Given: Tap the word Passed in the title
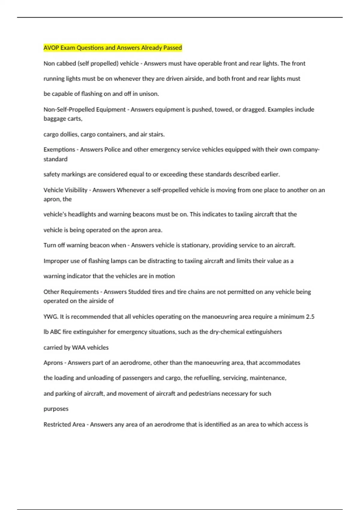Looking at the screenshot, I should pos(172,48).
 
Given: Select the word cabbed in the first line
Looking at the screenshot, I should pos(65,64).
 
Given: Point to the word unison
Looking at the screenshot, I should pos(149,94).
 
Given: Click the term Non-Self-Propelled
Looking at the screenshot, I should pos(69,109).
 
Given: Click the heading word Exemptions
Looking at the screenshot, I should pos(59,149).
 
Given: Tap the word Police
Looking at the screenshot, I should pos(112,149).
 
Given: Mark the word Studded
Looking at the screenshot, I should pos(139,292).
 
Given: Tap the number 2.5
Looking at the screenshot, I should pos(310,316).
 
